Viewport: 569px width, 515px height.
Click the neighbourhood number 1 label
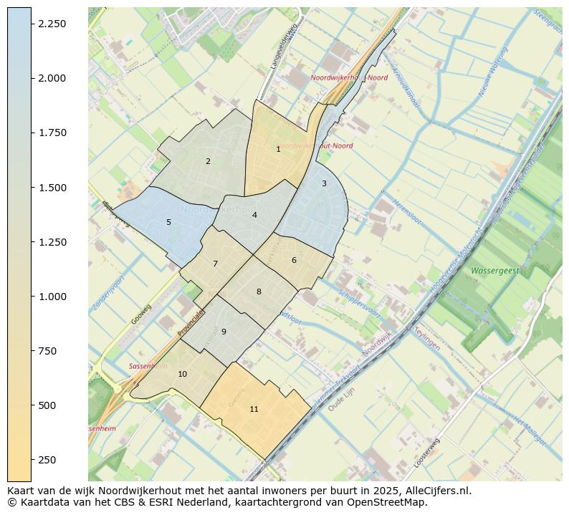point(278,150)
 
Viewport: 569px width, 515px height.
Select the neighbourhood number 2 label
point(208,162)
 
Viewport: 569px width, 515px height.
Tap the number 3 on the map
point(324,184)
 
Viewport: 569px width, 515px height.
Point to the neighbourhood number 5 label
point(168,223)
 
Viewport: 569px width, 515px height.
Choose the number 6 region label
point(294,261)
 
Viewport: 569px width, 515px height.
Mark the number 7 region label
point(215,264)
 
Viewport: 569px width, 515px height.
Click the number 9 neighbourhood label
point(224,332)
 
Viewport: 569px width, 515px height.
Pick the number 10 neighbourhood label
point(182,375)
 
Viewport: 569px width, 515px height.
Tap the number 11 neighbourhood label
point(254,410)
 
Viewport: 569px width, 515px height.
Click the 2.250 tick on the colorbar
point(52,24)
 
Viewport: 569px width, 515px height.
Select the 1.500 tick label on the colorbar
point(52,188)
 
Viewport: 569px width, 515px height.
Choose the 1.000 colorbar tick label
point(52,297)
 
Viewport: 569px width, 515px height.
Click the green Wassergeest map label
point(494,271)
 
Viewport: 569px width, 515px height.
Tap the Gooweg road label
point(143,314)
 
